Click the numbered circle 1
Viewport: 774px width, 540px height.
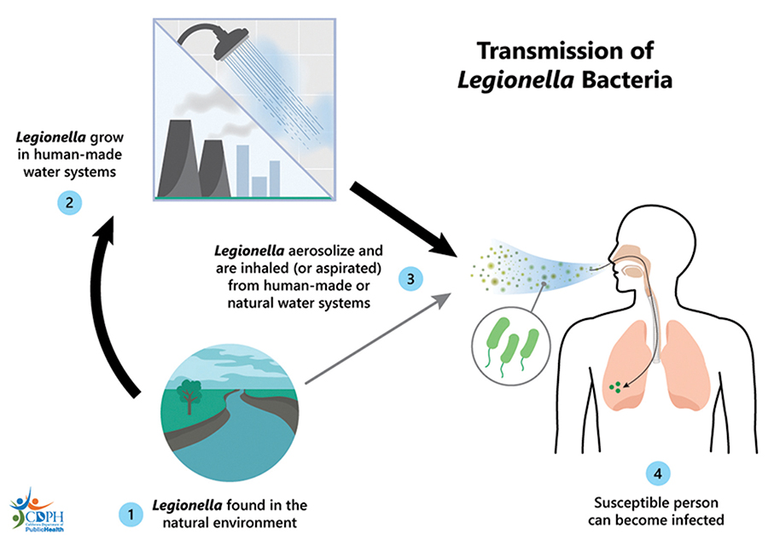point(130,514)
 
